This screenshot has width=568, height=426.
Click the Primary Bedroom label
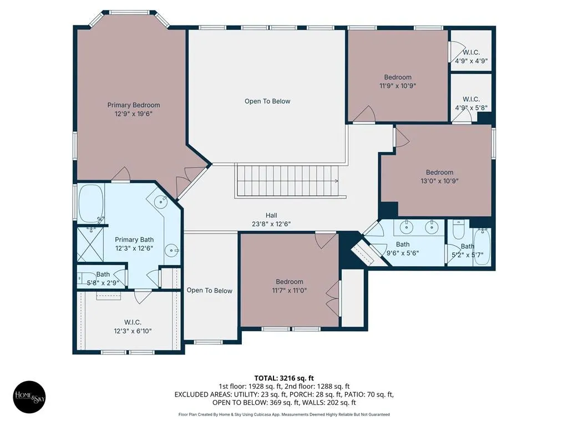[x=134, y=105]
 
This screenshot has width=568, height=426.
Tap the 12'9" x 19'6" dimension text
[x=134, y=114]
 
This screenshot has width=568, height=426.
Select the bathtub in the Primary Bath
[x=92, y=204]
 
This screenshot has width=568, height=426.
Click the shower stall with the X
[x=90, y=244]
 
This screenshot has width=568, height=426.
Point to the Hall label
[x=271, y=215]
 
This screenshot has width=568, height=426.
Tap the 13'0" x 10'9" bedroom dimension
[x=439, y=181]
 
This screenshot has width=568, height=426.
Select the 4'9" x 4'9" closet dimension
[x=471, y=61]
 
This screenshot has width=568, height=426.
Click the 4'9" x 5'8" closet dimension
[x=471, y=108]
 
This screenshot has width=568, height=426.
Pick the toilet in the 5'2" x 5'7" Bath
[x=458, y=230]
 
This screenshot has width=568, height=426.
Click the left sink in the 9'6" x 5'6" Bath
[x=407, y=227]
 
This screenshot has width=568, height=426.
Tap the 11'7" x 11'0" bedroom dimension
[x=290, y=290]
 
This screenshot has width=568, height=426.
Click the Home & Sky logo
[x=29, y=397]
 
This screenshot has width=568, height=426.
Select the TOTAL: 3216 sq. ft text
[x=284, y=378]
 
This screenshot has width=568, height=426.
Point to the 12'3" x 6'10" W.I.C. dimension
[x=133, y=331]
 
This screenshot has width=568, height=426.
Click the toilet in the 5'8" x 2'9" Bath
[x=82, y=278]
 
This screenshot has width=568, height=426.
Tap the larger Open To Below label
[x=267, y=101]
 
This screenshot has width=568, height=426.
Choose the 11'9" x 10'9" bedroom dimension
[x=398, y=86]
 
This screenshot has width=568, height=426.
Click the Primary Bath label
[x=134, y=240]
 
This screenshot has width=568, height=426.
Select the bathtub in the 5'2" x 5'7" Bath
[x=482, y=247]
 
